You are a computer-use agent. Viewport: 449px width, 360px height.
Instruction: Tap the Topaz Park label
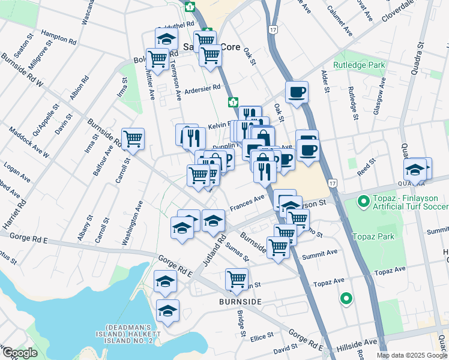pyautogui.click(x=373, y=236)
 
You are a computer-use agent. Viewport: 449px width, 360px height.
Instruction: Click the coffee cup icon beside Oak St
pyautogui.click(x=297, y=92)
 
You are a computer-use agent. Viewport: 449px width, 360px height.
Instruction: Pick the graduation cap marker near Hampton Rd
pyautogui.click(x=166, y=39)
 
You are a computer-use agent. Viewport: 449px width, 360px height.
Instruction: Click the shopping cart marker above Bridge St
pyautogui.click(x=237, y=278)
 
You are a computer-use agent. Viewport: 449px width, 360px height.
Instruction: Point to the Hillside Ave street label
pyautogui.click(x=357, y=343)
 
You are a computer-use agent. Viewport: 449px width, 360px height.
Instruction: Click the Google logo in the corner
pyautogui.click(x=20, y=353)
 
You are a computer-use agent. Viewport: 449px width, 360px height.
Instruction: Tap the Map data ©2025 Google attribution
pyautogui.click(x=412, y=355)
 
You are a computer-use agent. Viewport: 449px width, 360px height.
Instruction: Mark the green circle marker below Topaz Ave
pyautogui.click(x=346, y=298)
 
